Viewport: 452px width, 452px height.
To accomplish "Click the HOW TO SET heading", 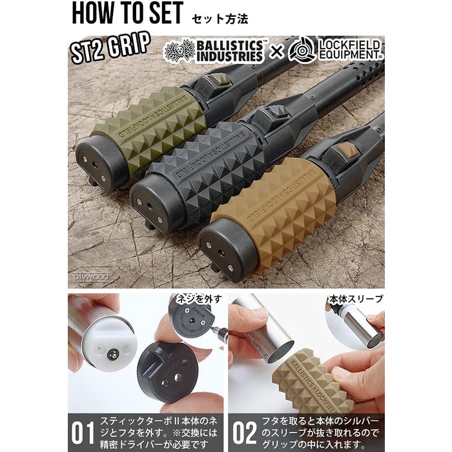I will pos(127,15).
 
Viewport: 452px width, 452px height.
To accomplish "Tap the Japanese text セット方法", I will pos(220,17).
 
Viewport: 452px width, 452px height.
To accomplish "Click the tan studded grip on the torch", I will pos(284,207).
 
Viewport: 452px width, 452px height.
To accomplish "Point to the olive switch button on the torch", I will pos(218,79).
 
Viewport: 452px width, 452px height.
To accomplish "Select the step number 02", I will pos(243,431).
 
